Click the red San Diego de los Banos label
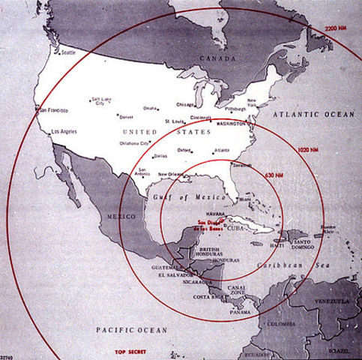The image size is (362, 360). click(213, 224)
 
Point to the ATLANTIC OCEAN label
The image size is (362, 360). click(315, 112)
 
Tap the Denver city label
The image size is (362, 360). click(127, 117)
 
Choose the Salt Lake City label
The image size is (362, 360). click(99, 101)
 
